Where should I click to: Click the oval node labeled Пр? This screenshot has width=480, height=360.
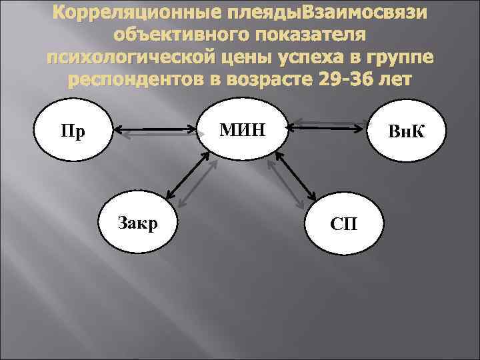tap(73, 130)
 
